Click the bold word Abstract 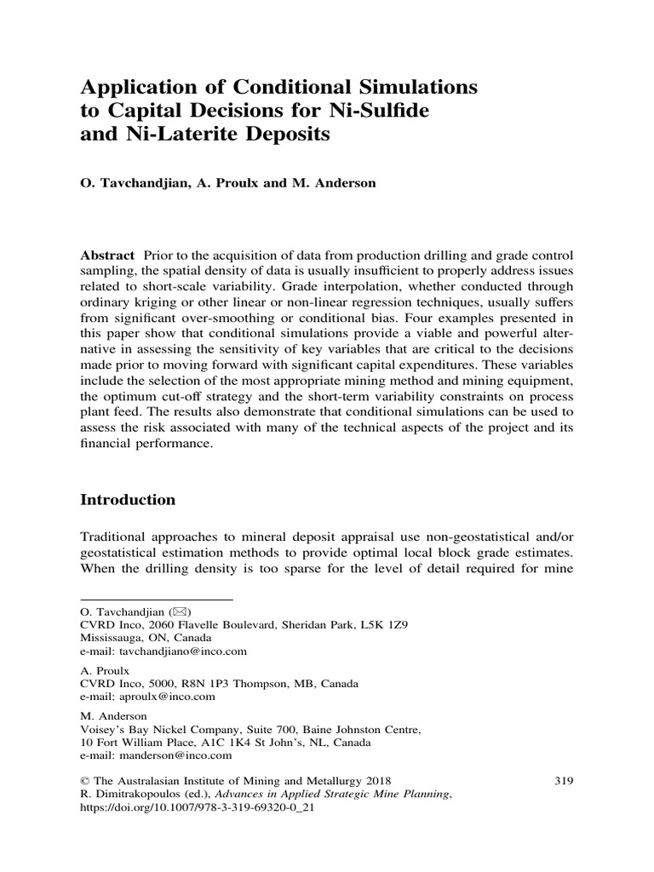pos(107,255)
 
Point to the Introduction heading pos(128,500)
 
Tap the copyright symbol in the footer pos(84,779)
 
